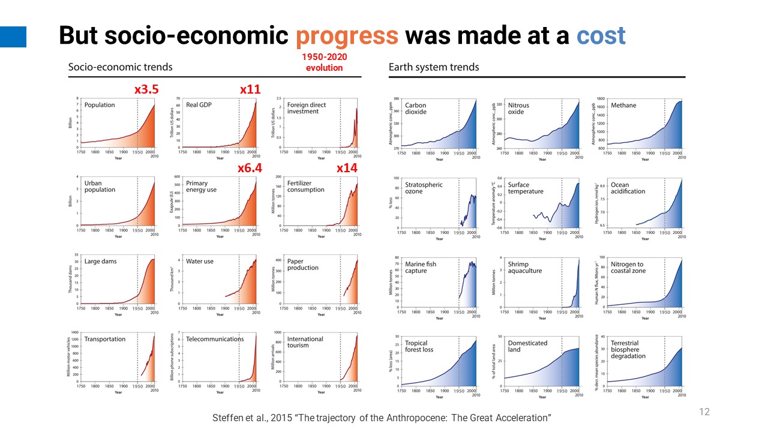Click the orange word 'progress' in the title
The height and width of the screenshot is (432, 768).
(347, 37)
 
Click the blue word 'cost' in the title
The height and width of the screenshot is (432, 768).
(601, 37)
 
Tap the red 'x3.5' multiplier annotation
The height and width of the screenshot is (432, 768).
(146, 89)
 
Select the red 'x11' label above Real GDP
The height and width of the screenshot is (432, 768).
(250, 89)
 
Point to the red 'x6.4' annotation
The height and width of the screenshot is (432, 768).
(250, 169)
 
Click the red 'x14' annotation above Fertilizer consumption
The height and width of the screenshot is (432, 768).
(347, 169)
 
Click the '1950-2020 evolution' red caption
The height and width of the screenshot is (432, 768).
(325, 62)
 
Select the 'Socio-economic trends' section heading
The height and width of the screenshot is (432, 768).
(120, 67)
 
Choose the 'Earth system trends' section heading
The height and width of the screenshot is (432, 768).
(434, 67)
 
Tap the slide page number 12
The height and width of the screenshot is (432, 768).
(704, 412)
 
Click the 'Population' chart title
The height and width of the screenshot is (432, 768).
(100, 105)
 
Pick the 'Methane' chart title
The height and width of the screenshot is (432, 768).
(623, 106)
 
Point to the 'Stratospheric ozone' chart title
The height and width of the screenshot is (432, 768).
(424, 188)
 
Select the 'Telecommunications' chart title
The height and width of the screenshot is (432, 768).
(215, 339)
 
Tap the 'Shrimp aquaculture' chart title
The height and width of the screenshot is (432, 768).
(524, 267)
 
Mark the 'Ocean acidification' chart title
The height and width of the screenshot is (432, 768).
(628, 188)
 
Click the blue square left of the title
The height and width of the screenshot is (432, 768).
(13, 37)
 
